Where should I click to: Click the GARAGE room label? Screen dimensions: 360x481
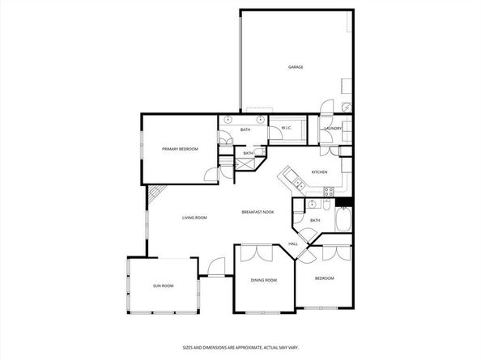click(296, 67)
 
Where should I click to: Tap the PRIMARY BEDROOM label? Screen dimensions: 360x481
click(180, 149)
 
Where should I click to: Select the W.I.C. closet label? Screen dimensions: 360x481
click(287, 129)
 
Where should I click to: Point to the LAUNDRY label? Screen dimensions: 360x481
click(333, 129)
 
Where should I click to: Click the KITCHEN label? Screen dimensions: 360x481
click(320, 172)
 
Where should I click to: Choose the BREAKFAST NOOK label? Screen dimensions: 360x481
click(258, 212)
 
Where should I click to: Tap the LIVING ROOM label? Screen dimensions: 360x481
click(194, 218)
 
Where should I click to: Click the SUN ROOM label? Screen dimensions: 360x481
click(164, 286)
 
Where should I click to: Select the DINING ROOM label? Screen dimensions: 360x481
click(264, 280)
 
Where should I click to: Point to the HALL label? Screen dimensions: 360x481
click(293, 244)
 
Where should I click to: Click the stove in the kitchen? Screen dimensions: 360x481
click(330, 193)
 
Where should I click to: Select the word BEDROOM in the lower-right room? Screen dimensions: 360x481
click(324, 278)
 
